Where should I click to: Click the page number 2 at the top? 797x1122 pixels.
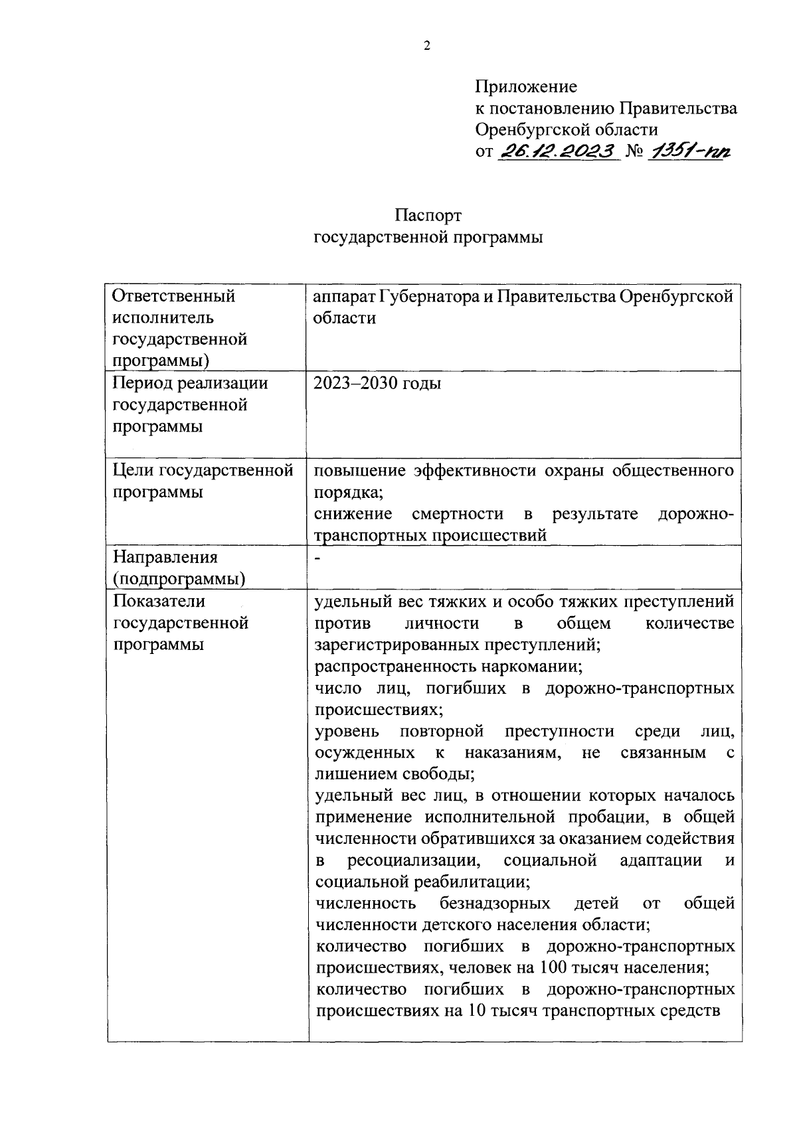click(427, 46)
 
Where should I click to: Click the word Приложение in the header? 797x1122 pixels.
click(525, 87)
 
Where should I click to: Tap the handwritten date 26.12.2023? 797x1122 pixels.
click(557, 151)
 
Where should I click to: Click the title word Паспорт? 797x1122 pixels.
click(428, 216)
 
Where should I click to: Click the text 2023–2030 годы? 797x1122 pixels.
click(377, 384)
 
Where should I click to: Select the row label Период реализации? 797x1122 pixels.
click(190, 383)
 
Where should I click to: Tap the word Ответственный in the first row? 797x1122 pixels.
click(174, 296)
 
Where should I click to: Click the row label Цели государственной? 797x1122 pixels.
click(203, 471)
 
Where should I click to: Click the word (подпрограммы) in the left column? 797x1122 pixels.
click(179, 580)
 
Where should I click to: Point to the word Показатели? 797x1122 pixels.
click(159, 601)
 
